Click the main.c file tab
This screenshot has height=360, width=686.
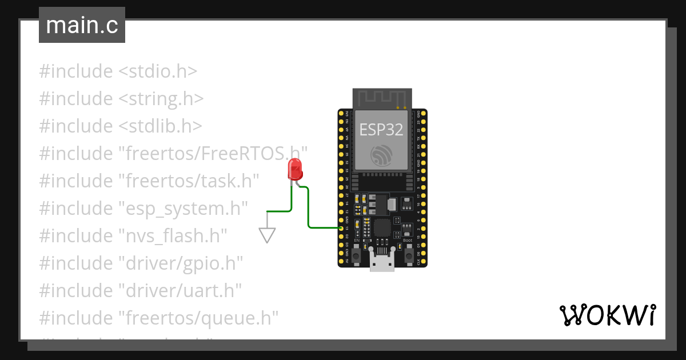coord(82,26)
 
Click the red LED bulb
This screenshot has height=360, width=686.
coord(295,170)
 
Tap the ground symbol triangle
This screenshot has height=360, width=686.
coord(267,234)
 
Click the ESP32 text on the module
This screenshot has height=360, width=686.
coord(381,130)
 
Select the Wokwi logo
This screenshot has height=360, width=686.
coord(607,315)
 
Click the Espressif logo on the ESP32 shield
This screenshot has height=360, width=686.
coord(381,155)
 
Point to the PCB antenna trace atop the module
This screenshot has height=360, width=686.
coord(381,98)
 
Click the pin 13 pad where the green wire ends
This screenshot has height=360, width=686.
coord(341,228)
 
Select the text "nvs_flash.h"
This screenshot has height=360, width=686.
coord(173,235)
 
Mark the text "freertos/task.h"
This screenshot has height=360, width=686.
coord(189,181)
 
